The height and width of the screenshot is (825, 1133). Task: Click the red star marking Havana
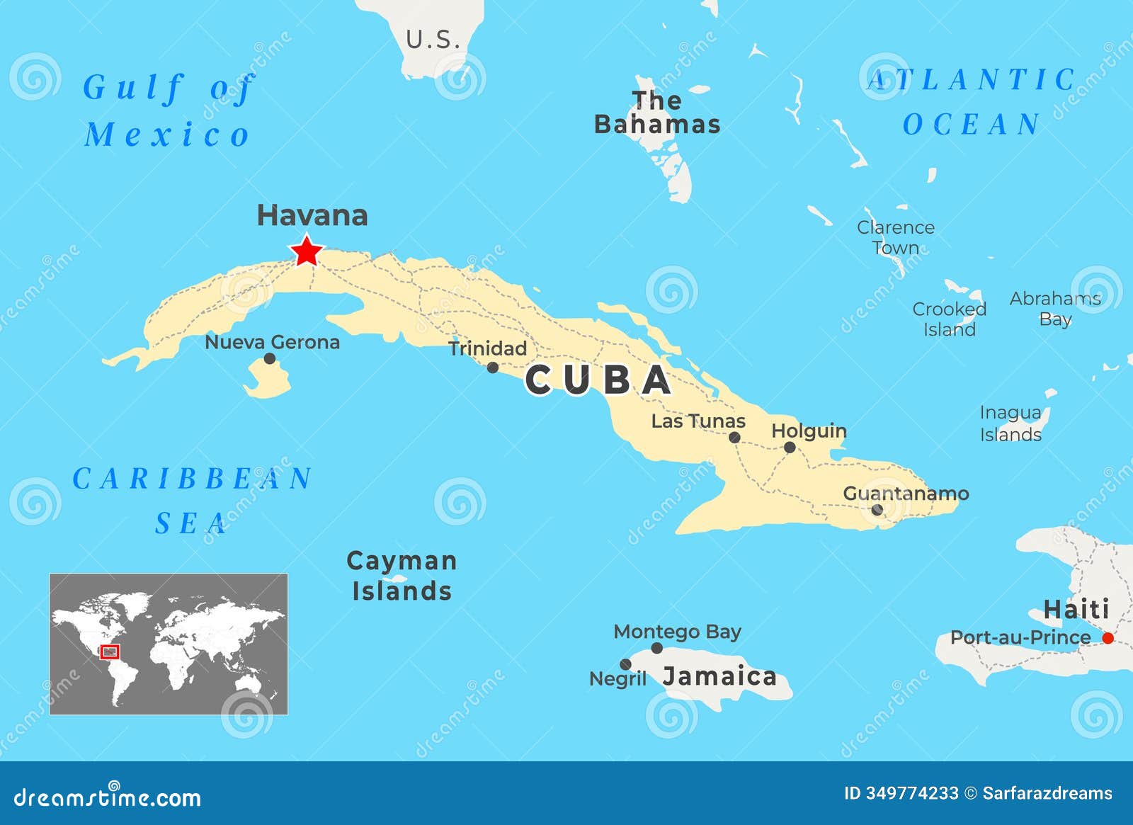coord(307,251)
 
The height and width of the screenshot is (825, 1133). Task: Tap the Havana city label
coord(312,215)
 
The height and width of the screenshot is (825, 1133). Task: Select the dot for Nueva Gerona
coord(269,358)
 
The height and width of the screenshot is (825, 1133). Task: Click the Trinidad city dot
coord(493,368)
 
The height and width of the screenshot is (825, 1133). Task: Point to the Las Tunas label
coord(698,421)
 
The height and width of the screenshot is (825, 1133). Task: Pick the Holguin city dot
coord(790,448)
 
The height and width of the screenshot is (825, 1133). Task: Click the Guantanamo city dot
coord(877,510)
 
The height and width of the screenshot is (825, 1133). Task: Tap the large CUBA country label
coord(598,380)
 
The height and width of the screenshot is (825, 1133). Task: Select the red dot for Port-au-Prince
coord(1108,638)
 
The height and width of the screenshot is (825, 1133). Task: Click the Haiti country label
coord(1076,609)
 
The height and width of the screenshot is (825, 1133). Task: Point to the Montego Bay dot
coord(657,648)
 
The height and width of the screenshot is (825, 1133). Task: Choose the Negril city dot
coord(625,664)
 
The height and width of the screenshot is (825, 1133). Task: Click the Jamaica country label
coord(719,676)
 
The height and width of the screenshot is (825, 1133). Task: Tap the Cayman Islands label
coord(402,576)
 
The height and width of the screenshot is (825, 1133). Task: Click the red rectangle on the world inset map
coord(110,652)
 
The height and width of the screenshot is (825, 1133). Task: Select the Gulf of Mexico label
coord(167,110)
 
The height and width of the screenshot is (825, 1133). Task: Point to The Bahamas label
coord(657,113)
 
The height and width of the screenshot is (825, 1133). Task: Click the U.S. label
coord(433,40)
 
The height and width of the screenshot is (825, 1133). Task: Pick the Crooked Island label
coord(949,319)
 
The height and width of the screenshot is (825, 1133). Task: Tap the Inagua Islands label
coord(1010,423)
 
